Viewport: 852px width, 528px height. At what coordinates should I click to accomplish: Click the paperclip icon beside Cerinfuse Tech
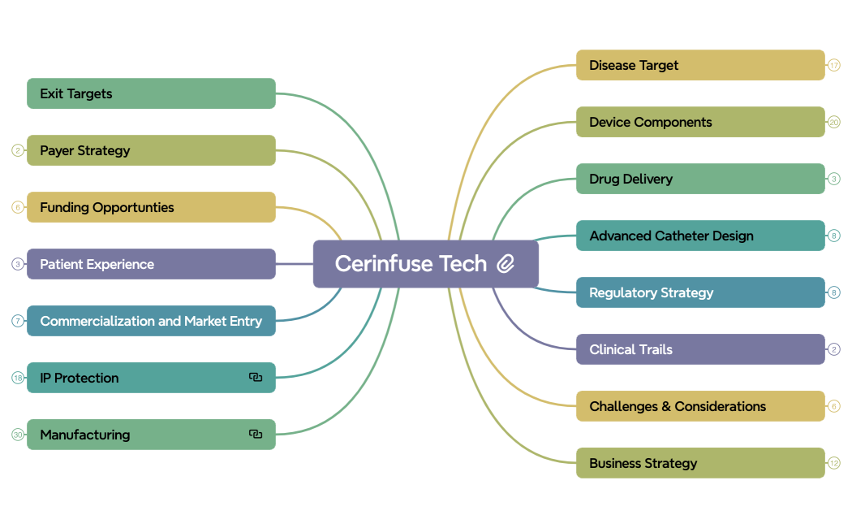point(506,264)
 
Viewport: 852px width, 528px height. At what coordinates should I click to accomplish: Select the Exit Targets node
point(151,93)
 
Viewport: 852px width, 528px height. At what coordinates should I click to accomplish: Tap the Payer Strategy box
point(151,150)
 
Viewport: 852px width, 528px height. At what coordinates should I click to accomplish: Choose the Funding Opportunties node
point(151,207)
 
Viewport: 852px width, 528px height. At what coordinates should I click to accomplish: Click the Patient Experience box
point(151,264)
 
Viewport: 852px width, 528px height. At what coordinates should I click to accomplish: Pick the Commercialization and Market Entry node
point(151,321)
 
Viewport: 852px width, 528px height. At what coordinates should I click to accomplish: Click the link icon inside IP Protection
point(256,378)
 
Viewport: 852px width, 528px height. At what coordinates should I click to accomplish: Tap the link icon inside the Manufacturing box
point(256,434)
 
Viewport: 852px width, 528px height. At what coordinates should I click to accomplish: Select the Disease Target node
point(700,65)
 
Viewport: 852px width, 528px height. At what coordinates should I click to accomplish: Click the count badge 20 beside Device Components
point(833,122)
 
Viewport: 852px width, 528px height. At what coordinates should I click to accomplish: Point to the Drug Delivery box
point(700,179)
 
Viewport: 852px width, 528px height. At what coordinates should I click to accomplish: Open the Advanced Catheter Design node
point(700,236)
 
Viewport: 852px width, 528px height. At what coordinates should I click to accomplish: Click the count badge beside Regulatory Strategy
point(833,292)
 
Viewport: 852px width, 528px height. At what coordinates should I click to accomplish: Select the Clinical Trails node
point(700,349)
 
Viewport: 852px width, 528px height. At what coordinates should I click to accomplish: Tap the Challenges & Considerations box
point(700,406)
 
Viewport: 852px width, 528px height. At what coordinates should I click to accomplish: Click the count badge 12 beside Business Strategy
point(833,463)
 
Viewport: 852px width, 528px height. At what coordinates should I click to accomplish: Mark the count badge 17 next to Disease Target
point(833,65)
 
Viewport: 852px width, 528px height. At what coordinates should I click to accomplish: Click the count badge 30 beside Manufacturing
point(18,435)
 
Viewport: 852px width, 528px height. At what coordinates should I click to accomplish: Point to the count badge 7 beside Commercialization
point(18,321)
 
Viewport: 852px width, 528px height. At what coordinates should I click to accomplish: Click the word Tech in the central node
point(463,264)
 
